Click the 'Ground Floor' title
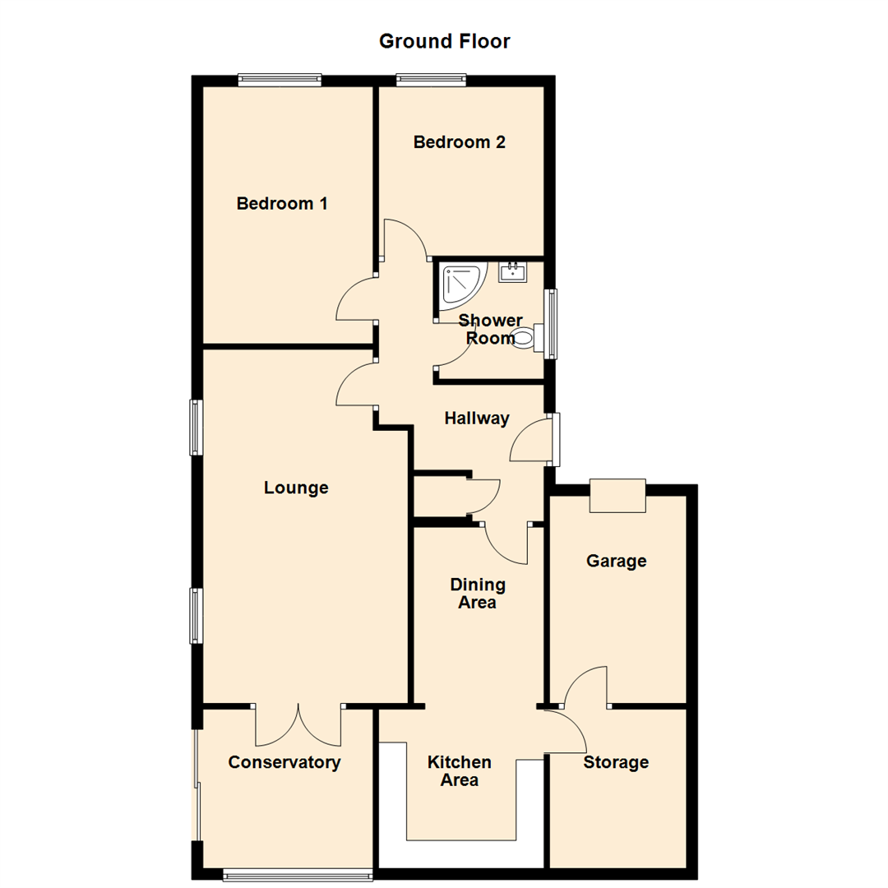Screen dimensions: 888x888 (444, 41)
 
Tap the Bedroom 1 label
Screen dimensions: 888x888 (282, 203)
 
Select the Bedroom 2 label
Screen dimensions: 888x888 (459, 142)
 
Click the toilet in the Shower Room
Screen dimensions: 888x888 (528, 337)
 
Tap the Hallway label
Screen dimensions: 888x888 (477, 419)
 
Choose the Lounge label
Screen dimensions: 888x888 (296, 488)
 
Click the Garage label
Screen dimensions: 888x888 (616, 561)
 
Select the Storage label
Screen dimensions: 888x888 (616, 762)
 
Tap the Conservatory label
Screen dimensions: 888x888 (284, 762)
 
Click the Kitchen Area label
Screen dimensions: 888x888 (460, 770)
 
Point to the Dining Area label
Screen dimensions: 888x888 (478, 594)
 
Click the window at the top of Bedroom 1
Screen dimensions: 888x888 (280, 80)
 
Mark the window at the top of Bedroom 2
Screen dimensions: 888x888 (431, 80)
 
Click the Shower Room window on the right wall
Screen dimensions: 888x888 (552, 323)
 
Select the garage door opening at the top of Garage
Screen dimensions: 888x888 (617, 496)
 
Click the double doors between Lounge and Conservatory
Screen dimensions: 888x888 (298, 723)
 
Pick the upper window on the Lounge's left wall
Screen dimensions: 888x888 (196, 427)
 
